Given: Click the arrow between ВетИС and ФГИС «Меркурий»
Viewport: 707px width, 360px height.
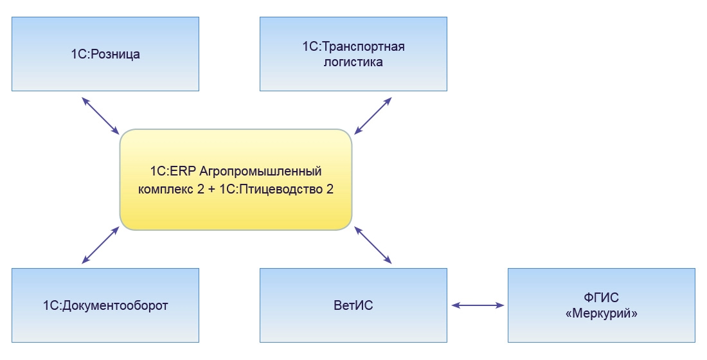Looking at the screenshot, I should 478,306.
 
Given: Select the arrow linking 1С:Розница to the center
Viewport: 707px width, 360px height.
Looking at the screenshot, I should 101,116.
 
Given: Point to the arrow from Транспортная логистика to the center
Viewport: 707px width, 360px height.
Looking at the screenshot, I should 373,116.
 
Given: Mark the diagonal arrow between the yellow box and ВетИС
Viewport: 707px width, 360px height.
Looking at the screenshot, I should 373,245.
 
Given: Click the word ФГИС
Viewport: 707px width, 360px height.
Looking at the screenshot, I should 601,298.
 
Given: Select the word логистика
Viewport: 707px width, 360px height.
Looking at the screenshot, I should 353,62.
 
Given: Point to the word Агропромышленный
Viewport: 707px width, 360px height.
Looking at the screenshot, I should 260,172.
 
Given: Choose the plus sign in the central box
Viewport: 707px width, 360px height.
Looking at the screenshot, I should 211,190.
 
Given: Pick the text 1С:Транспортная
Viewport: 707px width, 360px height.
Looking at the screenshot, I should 353,46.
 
